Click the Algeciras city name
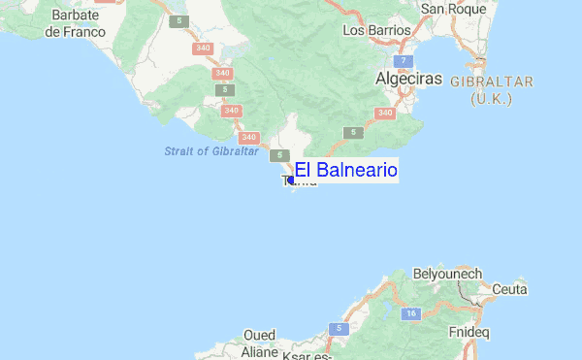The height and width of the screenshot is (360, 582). pyautogui.click(x=408, y=77)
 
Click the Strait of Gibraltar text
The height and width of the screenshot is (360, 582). pyautogui.click(x=210, y=151)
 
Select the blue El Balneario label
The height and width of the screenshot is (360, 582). pyautogui.click(x=346, y=171)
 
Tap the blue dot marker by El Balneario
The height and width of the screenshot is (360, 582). pyautogui.click(x=291, y=180)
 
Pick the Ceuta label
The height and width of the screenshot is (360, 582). pyautogui.click(x=509, y=289)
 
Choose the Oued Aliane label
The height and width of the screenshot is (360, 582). pyautogui.click(x=260, y=344)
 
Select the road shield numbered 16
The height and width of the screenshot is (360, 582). pyautogui.click(x=411, y=312)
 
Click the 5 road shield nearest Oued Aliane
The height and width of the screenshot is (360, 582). pyautogui.click(x=339, y=329)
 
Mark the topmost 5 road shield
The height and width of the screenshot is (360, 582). pyautogui.click(x=179, y=20)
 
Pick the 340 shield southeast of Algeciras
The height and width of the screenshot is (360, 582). pyautogui.click(x=384, y=114)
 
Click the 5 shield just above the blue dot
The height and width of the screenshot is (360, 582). pyautogui.click(x=280, y=155)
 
